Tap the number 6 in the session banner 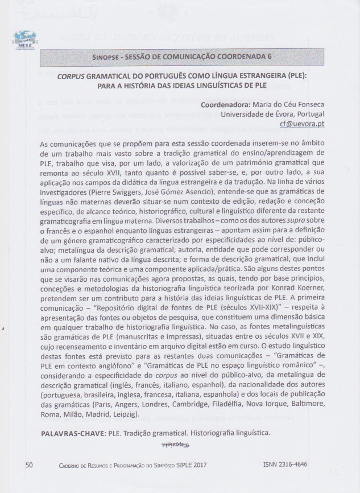click(x=269, y=57)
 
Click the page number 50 click(x=30, y=465)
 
